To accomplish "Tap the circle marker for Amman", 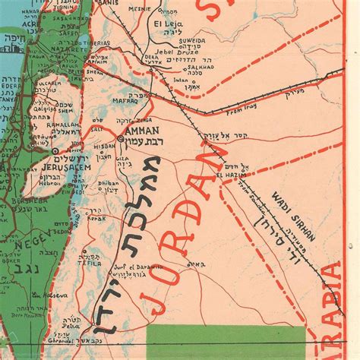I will pos(122,140).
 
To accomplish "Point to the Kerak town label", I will pos(97,217).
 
